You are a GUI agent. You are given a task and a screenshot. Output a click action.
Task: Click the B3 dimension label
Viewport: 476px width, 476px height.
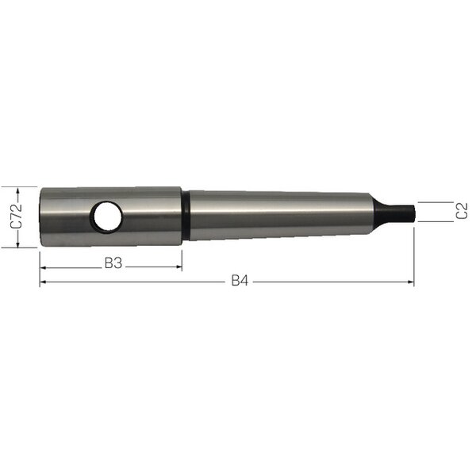coord(113,263)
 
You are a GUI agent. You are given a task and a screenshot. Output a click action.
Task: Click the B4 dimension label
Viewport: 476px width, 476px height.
coord(240,281)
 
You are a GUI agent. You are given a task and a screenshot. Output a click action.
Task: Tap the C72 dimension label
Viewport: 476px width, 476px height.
coord(16,216)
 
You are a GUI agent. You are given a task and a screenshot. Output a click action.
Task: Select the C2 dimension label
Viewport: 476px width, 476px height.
coord(462,211)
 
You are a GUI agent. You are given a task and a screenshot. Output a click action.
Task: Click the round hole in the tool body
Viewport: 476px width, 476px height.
coord(108,216)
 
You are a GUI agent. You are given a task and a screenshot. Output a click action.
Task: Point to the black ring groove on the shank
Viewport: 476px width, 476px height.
coord(186,215)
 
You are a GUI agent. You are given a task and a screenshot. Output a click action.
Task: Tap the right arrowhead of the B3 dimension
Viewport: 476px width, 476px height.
coord(178,267)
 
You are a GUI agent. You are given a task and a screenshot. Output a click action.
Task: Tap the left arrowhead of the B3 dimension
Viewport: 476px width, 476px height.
coord(43,268)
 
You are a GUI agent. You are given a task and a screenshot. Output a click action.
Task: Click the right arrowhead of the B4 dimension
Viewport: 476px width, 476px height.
coord(411,282)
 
